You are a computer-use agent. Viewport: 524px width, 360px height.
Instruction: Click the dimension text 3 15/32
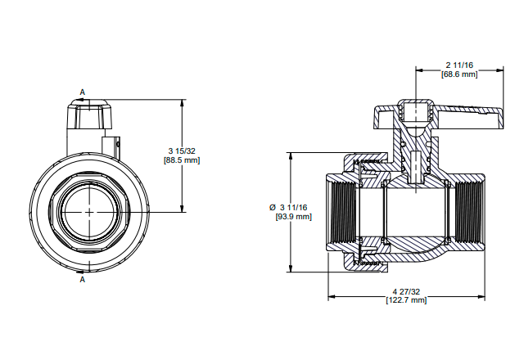click(x=182, y=151)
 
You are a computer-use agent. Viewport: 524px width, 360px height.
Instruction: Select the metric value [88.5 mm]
click(x=182, y=160)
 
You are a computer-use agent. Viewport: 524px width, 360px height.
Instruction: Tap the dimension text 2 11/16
click(x=459, y=65)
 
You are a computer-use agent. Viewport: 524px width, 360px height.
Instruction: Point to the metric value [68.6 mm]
click(x=459, y=74)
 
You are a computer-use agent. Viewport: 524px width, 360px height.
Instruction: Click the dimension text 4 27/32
click(x=406, y=291)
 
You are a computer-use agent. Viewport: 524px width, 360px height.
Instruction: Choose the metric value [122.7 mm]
click(x=406, y=300)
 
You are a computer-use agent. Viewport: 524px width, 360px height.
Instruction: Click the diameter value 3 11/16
click(x=293, y=208)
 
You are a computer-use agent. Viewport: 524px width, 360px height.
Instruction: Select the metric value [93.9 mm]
click(x=293, y=217)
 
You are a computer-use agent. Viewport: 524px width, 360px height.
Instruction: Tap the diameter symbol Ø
click(x=273, y=208)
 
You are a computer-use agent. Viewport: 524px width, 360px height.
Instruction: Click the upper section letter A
click(x=82, y=92)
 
